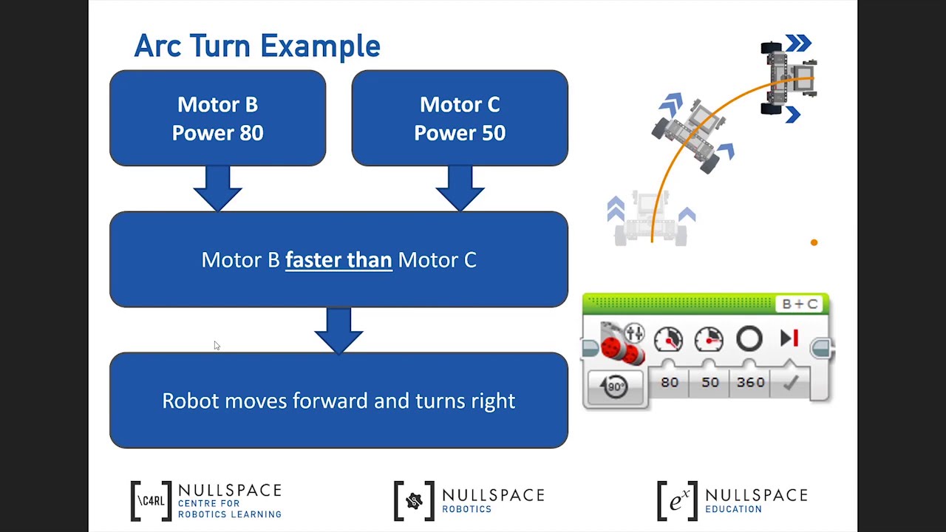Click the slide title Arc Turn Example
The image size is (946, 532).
(x=256, y=46)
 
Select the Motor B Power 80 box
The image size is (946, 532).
(x=217, y=118)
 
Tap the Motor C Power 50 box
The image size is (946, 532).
(x=460, y=118)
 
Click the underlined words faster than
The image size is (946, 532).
(x=338, y=260)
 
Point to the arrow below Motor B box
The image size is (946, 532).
(x=217, y=188)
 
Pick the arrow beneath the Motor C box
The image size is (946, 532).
(x=460, y=188)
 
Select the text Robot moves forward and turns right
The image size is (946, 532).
(x=338, y=400)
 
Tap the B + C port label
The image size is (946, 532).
(x=800, y=304)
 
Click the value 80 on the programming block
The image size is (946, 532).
(x=670, y=382)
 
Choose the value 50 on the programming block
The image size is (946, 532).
(x=709, y=382)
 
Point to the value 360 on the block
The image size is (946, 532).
(x=750, y=382)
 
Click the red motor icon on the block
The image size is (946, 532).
(x=622, y=344)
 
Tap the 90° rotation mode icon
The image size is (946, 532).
(x=615, y=386)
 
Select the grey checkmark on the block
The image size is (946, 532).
(x=791, y=383)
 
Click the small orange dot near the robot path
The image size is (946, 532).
(x=814, y=242)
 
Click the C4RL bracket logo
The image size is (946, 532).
(x=151, y=500)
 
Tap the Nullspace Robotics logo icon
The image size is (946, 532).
(x=414, y=501)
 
